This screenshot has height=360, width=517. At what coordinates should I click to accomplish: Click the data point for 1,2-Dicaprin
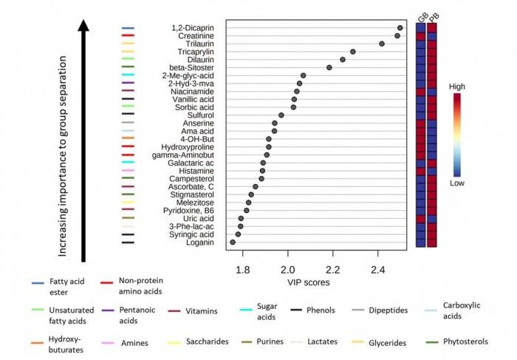(x=400, y=28)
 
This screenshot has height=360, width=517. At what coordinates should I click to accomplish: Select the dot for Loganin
(x=233, y=242)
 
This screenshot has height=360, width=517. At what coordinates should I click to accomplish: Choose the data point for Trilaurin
(x=382, y=44)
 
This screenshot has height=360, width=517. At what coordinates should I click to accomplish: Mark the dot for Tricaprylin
(x=353, y=52)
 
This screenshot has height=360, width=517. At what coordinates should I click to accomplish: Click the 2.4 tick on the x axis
(x=378, y=269)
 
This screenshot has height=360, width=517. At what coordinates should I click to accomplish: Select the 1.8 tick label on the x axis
(x=242, y=269)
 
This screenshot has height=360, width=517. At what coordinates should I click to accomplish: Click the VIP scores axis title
(x=309, y=282)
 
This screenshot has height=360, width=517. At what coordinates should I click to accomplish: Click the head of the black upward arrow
(x=85, y=26)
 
